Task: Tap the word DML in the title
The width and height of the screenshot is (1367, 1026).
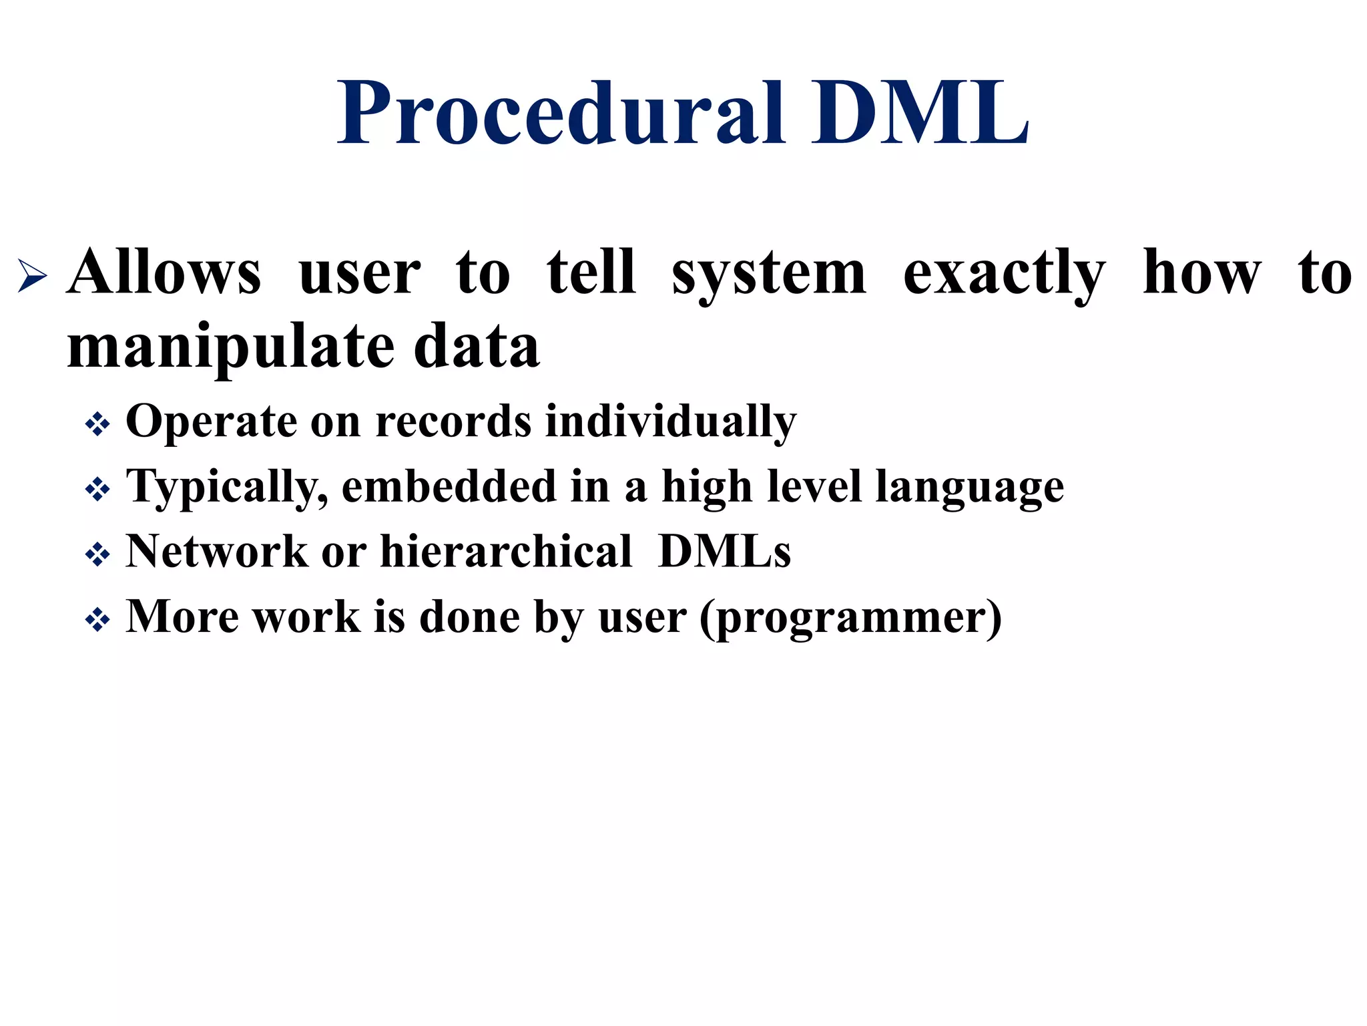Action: (x=920, y=114)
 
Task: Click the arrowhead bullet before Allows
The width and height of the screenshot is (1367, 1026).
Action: (x=32, y=275)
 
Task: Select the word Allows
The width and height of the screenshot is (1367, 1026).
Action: (x=164, y=273)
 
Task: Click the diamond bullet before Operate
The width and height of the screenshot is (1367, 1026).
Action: (x=97, y=425)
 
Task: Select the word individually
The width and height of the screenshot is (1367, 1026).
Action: (x=671, y=422)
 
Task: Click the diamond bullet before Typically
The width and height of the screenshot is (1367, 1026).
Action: (x=97, y=490)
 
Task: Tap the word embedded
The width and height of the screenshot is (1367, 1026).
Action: (x=449, y=486)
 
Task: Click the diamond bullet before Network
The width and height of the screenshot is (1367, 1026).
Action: (x=97, y=555)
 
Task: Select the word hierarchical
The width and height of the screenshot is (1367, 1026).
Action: (x=506, y=552)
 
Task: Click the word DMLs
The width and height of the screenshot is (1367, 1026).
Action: (x=724, y=552)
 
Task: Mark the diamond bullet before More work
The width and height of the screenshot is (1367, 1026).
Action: (x=97, y=621)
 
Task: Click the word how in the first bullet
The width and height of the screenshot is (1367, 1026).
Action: (x=1202, y=273)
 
